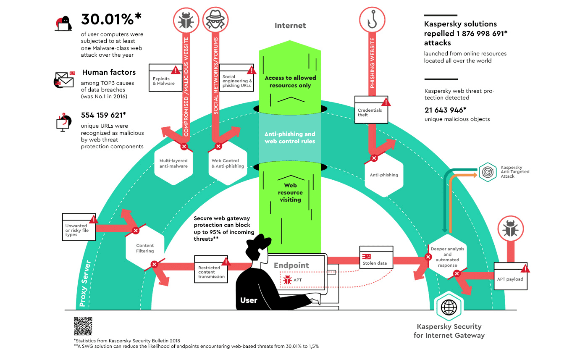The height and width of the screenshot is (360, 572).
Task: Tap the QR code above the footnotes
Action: [x=83, y=326]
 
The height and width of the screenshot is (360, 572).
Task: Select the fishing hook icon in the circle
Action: [x=372, y=21]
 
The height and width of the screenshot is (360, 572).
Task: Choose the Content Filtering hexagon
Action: [x=145, y=248]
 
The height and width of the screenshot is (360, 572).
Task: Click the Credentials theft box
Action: [x=372, y=110]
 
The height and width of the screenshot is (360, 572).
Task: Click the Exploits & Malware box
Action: [x=165, y=78]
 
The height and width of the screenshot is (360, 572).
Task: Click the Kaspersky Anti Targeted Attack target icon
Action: [x=488, y=171]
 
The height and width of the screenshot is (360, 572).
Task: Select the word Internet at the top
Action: [x=290, y=26]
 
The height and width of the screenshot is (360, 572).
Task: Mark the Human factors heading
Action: [x=109, y=72]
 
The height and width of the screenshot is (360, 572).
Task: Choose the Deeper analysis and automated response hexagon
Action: [x=447, y=257]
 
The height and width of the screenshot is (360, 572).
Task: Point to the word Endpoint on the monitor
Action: [x=291, y=265]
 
